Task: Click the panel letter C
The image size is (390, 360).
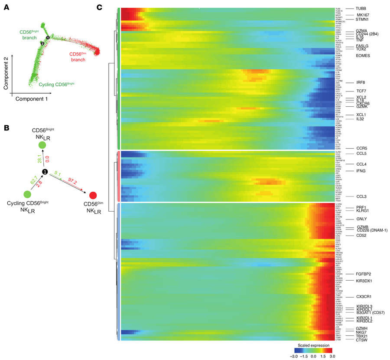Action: click(100, 7)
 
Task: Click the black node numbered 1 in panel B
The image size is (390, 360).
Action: click(44, 172)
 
